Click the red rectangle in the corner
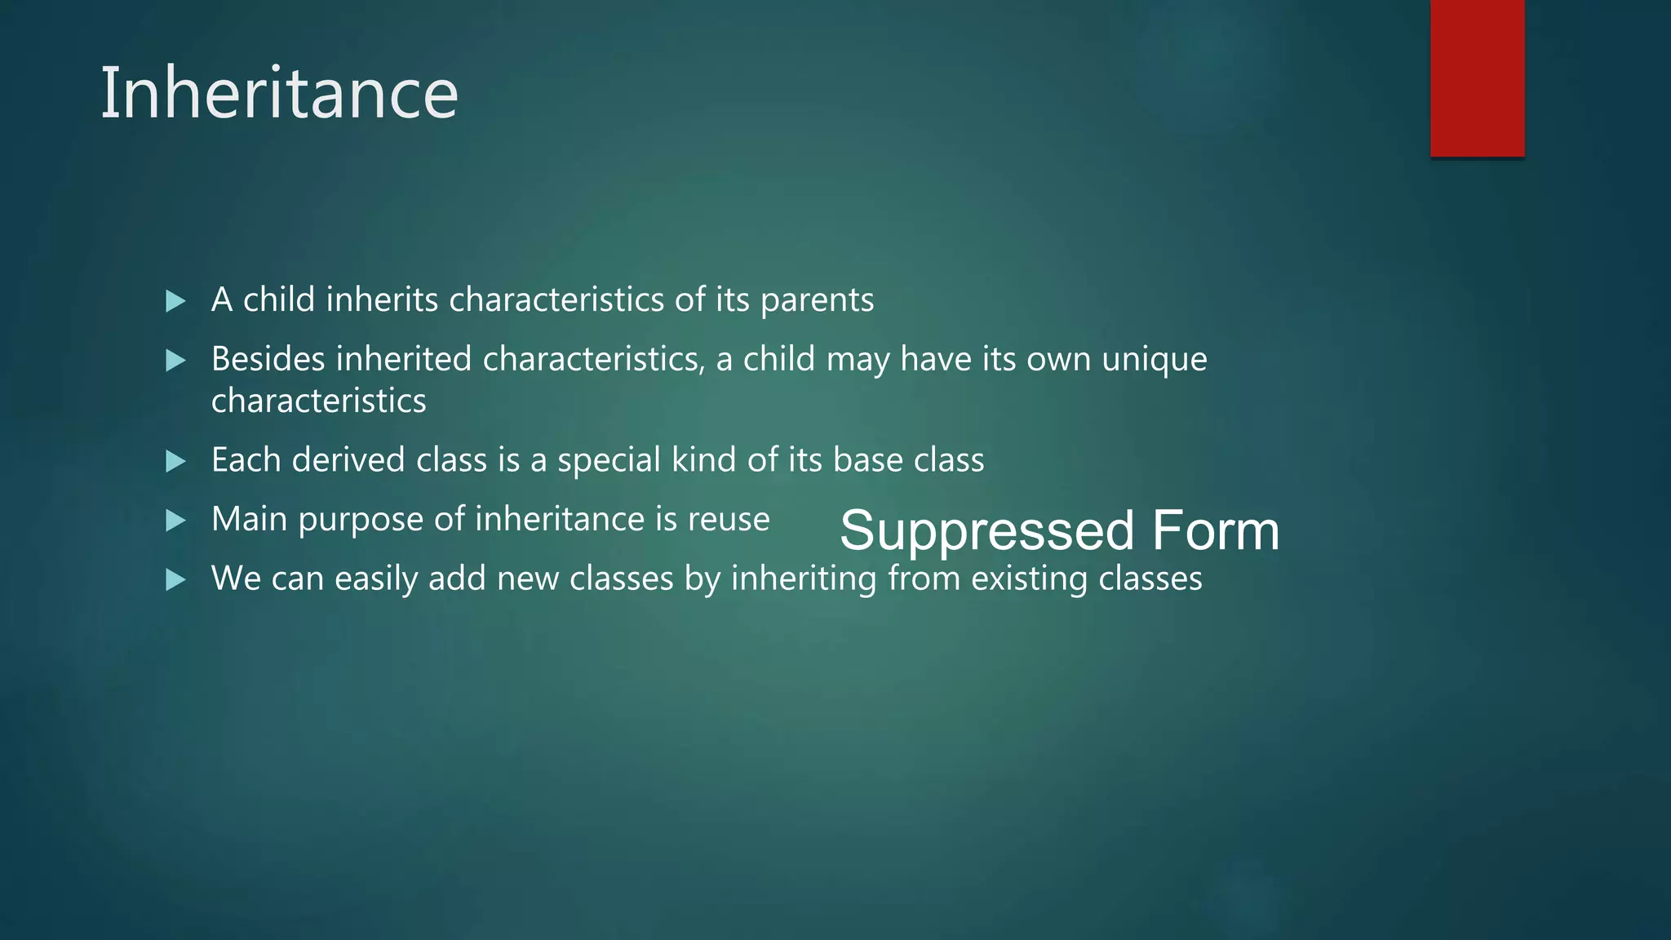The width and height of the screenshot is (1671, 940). pos(1477,78)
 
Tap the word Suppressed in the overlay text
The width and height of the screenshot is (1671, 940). pos(986,530)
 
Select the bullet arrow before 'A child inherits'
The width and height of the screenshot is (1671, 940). pos(175,301)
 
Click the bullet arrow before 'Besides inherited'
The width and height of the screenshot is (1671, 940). pos(175,361)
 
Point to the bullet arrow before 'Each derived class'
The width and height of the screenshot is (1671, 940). pos(175,462)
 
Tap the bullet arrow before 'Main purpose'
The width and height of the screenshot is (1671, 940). pos(175,521)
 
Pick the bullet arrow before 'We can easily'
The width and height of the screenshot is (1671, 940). pos(175,580)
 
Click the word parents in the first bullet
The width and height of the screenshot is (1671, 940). pos(817,301)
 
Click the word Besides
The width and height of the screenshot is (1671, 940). pos(268,359)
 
